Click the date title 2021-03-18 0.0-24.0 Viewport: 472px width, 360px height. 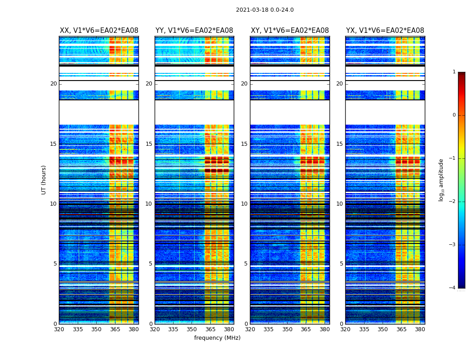(265, 10)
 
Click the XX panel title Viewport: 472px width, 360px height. (99, 31)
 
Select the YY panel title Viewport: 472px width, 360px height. (194, 31)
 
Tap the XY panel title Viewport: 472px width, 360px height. (289, 31)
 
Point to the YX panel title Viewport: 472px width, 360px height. (385, 31)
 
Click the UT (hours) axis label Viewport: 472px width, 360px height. (44, 180)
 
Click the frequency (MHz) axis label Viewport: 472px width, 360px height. (217, 338)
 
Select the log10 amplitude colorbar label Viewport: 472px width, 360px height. (441, 180)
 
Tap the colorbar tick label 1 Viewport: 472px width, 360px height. (454, 72)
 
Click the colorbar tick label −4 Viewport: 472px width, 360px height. (453, 288)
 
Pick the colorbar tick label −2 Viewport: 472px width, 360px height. (453, 202)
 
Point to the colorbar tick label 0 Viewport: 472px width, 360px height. (454, 115)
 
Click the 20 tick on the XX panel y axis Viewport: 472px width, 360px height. (53, 84)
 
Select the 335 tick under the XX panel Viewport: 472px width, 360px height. (78, 329)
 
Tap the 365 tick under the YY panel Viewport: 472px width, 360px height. (210, 329)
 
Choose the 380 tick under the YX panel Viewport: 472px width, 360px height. (420, 329)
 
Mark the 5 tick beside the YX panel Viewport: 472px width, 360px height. (341, 264)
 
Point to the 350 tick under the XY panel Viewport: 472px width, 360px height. (287, 329)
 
